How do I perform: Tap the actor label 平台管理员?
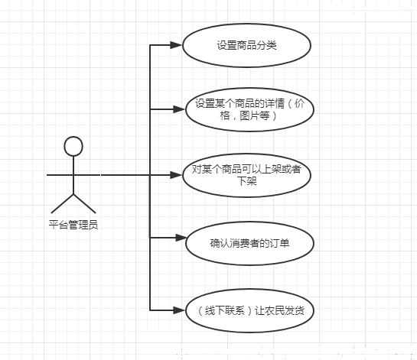(73, 225)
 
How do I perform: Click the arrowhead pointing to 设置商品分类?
(176, 45)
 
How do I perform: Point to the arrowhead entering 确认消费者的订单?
(180, 238)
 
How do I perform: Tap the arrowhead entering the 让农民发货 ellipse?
(179, 310)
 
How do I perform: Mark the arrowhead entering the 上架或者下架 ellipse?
(176, 175)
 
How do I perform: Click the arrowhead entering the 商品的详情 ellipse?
(179, 109)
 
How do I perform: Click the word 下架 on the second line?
(247, 181)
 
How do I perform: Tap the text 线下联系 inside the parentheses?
(225, 310)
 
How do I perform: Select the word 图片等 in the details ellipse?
(255, 115)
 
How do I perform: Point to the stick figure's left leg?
(62, 204)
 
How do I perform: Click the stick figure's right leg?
(85, 204)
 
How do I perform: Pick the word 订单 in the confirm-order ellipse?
(279, 243)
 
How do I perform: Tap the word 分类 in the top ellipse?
(267, 45)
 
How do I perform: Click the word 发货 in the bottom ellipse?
(295, 310)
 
